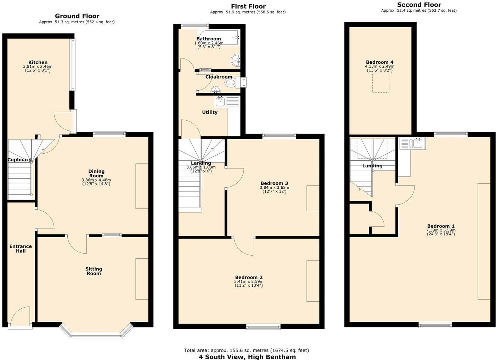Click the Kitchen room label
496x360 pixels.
(x=38, y=62)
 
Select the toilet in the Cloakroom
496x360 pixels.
(x=231, y=83)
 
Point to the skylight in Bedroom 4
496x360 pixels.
(x=381, y=83)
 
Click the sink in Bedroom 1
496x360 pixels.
(x=416, y=143)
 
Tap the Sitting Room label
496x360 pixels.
(x=94, y=271)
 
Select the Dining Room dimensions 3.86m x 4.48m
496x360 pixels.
(x=96, y=180)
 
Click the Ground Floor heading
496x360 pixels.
(x=77, y=16)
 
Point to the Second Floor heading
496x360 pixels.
(x=419, y=5)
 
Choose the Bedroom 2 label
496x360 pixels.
(x=249, y=277)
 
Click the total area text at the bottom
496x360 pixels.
(x=246, y=350)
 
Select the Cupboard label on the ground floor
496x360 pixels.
(x=19, y=160)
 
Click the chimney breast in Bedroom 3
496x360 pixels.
(x=313, y=198)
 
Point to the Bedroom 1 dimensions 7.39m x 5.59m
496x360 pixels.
(x=441, y=230)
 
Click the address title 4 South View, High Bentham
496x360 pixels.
(x=247, y=356)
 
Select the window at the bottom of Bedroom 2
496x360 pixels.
(x=263, y=327)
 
